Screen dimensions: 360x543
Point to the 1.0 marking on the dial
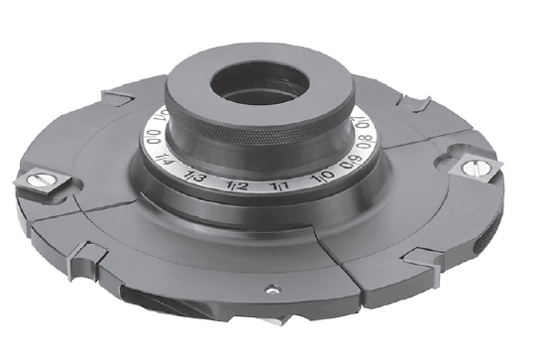(x=322, y=179)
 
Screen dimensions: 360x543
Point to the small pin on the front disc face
(x=270, y=291)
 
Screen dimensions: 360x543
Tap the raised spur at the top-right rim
(x=411, y=102)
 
